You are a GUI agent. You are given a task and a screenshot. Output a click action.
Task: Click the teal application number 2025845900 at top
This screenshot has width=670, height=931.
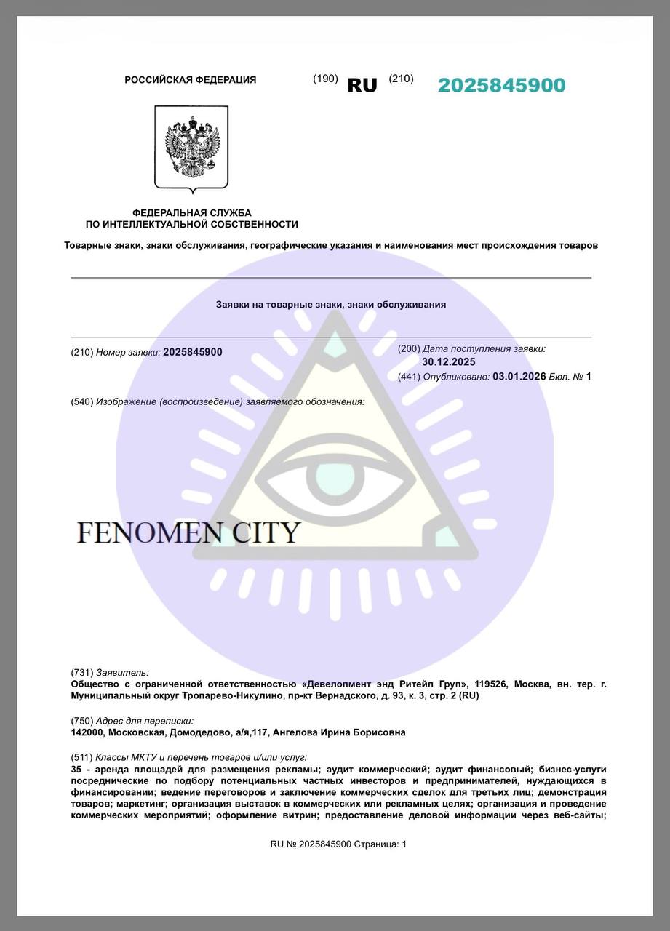coord(501,85)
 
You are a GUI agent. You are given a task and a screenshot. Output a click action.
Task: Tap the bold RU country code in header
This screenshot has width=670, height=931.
coord(362,85)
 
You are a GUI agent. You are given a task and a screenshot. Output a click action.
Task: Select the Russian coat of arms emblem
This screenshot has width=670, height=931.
coord(191,148)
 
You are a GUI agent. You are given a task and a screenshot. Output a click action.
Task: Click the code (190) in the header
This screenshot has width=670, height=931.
coord(325,79)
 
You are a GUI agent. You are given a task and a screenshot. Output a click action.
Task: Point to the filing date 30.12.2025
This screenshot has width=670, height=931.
coord(448,361)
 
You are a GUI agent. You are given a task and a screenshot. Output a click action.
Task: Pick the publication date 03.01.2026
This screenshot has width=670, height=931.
coord(519,376)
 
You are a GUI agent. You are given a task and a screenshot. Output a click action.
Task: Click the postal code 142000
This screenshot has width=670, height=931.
coord(88,732)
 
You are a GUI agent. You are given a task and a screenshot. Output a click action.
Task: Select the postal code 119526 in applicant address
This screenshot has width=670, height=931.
coord(490,684)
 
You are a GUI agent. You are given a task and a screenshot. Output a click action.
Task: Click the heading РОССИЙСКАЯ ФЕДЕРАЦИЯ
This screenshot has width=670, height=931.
coord(191,80)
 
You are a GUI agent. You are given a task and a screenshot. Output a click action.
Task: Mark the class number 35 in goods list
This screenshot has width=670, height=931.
coord(76,769)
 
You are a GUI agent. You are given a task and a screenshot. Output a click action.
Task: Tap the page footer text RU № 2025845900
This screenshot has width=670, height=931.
coord(311,844)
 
